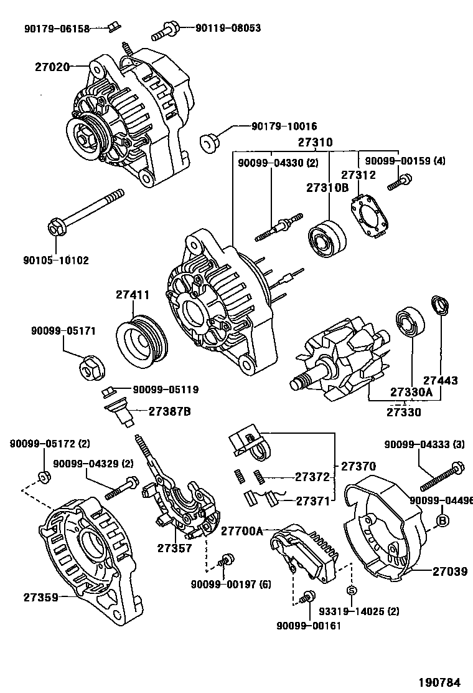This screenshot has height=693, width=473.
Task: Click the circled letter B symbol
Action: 443,520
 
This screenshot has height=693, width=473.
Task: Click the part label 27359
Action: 41,597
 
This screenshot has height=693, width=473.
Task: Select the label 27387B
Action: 169,411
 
